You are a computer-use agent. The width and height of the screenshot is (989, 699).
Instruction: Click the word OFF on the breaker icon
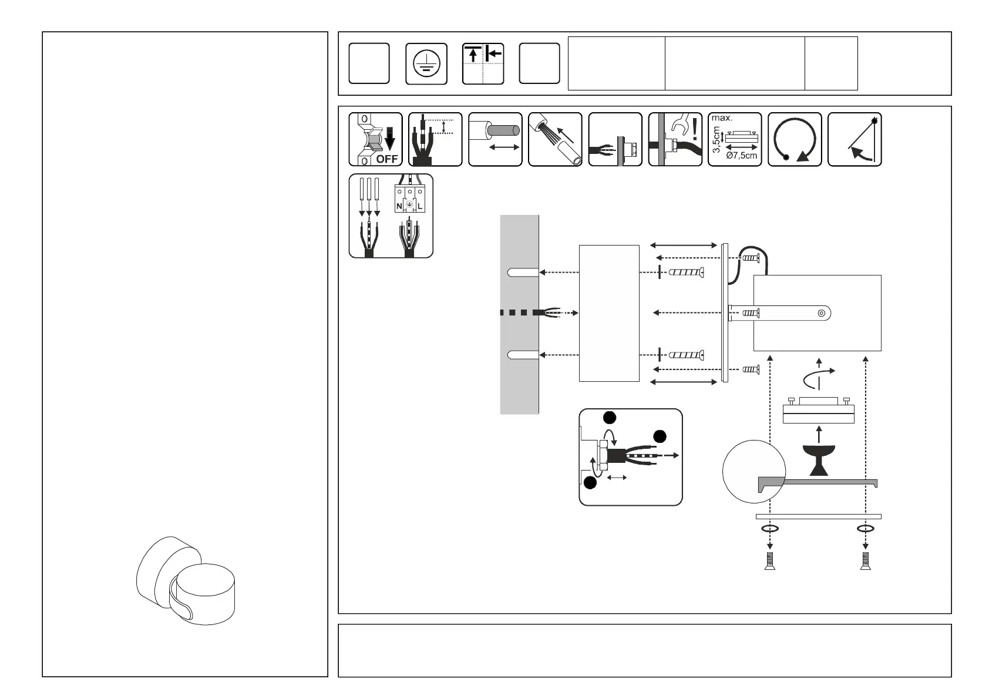coord(387,159)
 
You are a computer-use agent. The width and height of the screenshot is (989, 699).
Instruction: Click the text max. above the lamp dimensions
coord(722,118)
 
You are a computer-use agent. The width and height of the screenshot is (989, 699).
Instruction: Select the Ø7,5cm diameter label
coord(741,156)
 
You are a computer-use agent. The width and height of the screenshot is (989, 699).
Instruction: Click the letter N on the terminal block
coord(399,207)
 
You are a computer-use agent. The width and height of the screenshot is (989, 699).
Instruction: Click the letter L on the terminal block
coord(420,207)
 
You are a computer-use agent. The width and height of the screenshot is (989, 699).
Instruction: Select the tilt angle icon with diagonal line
coord(855,139)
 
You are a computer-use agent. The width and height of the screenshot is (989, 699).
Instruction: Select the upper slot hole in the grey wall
coord(523,273)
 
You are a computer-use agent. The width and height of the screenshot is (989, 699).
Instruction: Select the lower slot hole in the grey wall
coord(523,355)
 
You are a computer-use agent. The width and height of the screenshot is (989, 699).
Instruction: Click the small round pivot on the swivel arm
coord(821,313)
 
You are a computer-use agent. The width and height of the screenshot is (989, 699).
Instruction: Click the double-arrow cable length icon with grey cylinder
coord(496,139)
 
